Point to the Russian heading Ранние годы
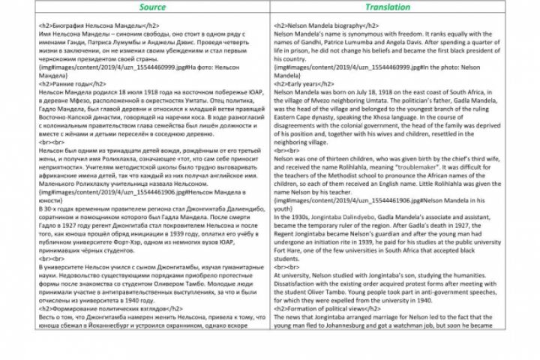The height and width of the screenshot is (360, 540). tap(72, 84)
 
